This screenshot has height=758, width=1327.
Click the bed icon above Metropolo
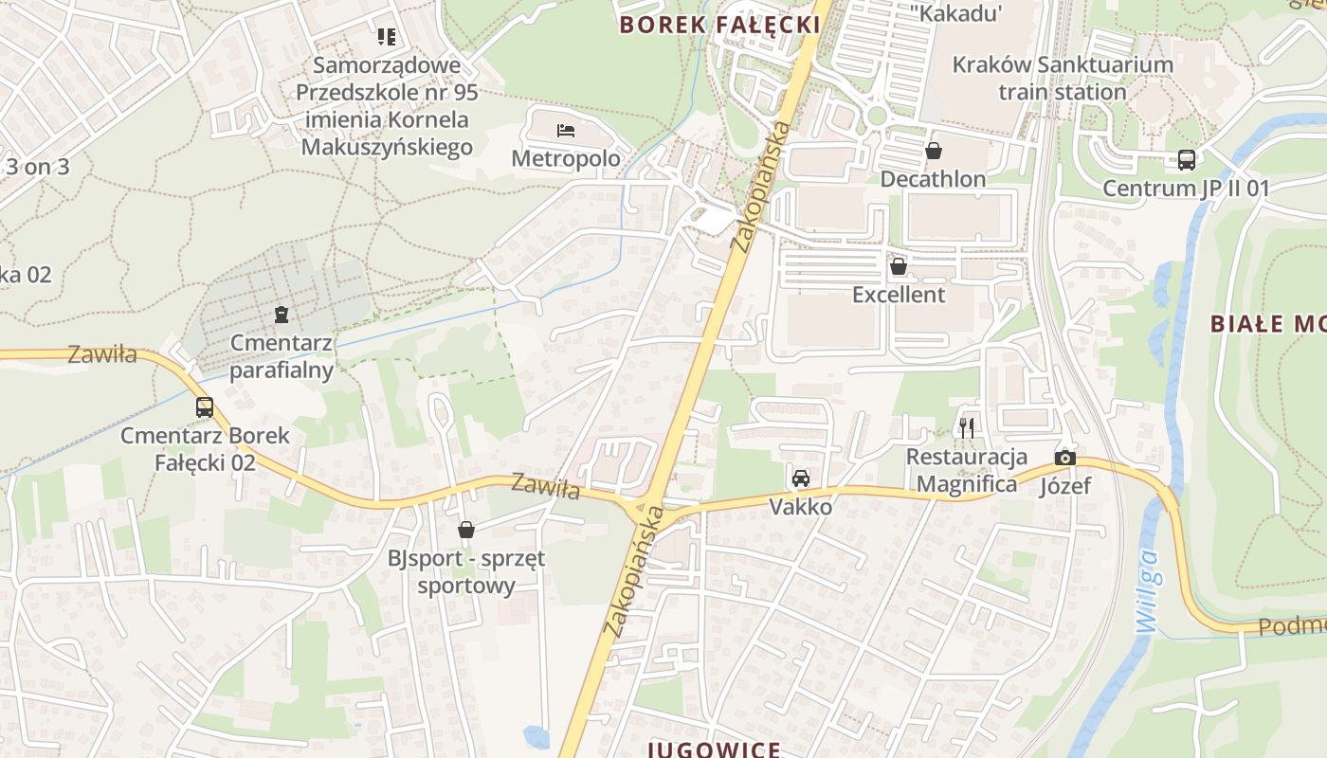click(x=566, y=131)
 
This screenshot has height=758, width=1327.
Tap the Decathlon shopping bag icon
click(x=934, y=151)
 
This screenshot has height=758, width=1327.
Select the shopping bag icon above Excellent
click(x=898, y=267)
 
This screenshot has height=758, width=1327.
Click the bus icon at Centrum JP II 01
click(x=1186, y=160)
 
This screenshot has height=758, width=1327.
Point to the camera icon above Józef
click(x=1065, y=459)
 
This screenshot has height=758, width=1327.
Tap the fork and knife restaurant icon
click(x=966, y=428)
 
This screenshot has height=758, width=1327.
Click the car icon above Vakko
click(x=801, y=478)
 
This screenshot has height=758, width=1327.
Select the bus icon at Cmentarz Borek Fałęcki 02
click(x=205, y=407)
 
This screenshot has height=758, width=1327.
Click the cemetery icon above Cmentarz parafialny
click(x=282, y=314)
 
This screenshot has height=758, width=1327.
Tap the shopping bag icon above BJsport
click(x=465, y=530)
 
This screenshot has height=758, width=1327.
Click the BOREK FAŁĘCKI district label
click(x=719, y=25)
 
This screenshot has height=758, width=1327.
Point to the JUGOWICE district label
click(x=715, y=749)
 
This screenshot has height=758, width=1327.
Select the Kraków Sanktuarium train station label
click(x=1062, y=79)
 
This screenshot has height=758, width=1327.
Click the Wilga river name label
click(x=1148, y=591)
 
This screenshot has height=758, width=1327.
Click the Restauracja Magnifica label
click(x=967, y=471)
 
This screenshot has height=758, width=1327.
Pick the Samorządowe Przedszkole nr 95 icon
click(x=386, y=37)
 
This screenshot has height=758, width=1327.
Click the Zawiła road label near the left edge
click(x=101, y=355)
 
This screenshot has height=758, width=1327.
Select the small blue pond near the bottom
click(x=536, y=736)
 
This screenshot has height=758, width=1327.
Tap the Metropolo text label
click(x=566, y=158)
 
